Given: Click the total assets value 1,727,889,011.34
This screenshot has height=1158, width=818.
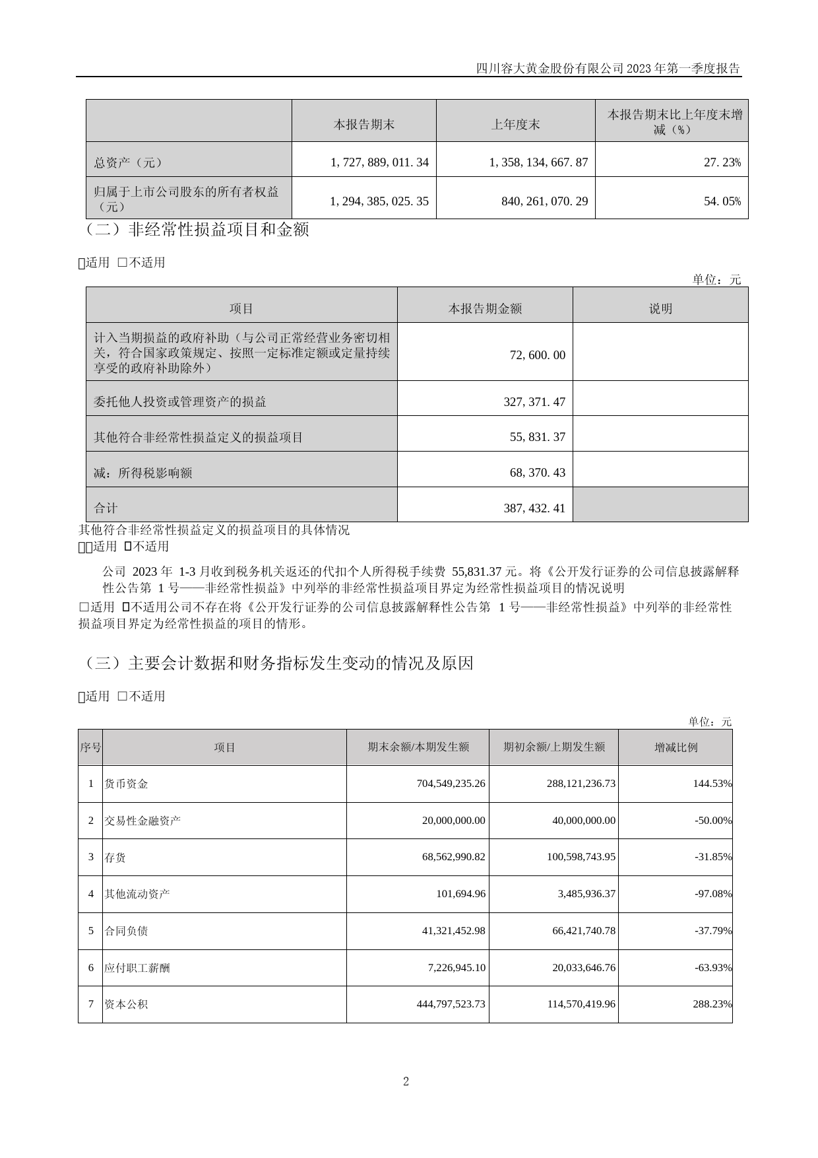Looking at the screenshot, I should click(379, 162).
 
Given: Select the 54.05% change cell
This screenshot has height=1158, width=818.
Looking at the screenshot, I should click(722, 201).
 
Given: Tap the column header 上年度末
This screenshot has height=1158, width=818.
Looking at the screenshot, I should click(515, 124).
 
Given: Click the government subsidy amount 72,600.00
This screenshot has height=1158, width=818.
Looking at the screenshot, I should click(538, 355).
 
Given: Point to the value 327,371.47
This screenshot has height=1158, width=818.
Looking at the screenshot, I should click(534, 401).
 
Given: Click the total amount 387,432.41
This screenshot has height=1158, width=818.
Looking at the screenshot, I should click(534, 508).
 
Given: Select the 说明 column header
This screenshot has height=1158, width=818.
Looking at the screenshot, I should click(660, 308).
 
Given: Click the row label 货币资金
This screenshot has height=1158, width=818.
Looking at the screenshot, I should click(127, 784).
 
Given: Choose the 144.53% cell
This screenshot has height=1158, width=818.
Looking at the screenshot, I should click(713, 784).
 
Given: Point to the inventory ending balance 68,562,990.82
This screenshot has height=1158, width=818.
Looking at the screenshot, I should click(453, 857).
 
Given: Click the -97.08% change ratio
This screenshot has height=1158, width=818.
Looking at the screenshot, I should click(713, 894).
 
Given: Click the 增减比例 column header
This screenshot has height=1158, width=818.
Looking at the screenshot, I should click(676, 747).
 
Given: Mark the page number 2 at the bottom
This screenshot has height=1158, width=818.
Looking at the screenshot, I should click(406, 1081).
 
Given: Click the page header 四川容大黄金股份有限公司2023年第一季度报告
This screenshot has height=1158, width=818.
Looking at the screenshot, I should click(608, 69).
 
